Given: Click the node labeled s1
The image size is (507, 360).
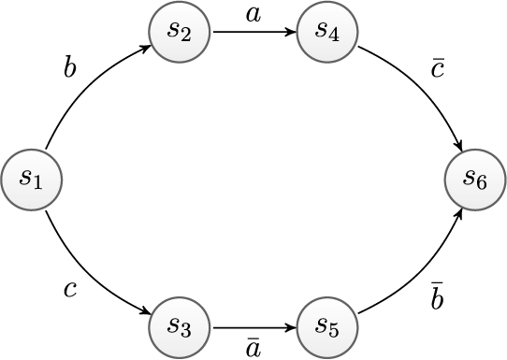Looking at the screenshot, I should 31,178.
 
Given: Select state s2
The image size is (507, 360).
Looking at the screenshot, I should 180,31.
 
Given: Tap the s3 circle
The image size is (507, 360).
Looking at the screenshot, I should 180,327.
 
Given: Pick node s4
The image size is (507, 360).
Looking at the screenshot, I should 327,31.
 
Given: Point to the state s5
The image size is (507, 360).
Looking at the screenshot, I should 327,327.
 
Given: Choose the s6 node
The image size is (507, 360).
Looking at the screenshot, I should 475,178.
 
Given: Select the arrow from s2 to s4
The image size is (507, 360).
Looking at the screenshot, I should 253,31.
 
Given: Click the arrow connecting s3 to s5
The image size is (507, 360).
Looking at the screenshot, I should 253,327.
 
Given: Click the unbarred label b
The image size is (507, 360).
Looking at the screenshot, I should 69,69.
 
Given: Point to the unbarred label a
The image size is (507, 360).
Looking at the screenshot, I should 253,14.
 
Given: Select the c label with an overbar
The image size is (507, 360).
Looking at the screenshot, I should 438,69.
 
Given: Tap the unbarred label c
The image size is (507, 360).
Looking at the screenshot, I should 69,289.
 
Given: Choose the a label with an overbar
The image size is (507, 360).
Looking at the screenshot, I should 253,347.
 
